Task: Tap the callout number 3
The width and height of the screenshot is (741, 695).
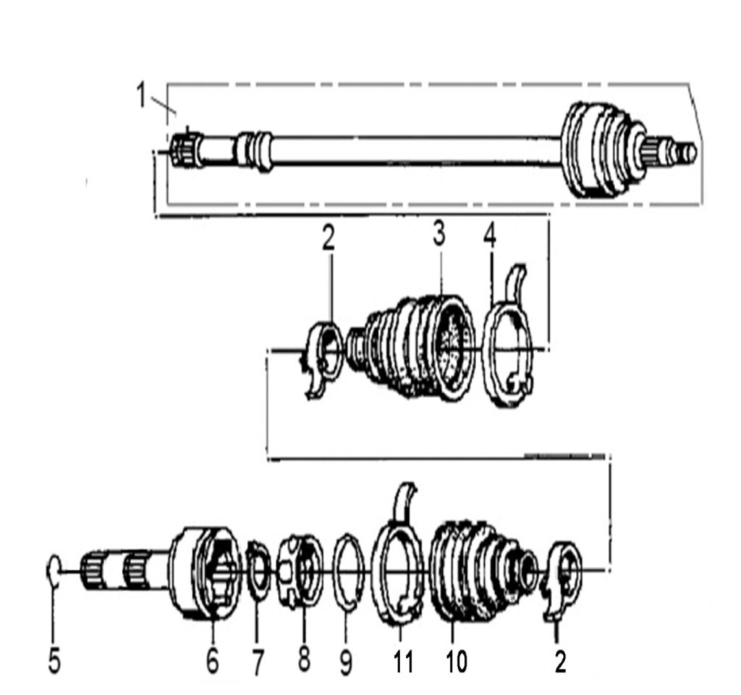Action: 439,235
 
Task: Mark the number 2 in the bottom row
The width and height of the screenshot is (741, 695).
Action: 560,660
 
